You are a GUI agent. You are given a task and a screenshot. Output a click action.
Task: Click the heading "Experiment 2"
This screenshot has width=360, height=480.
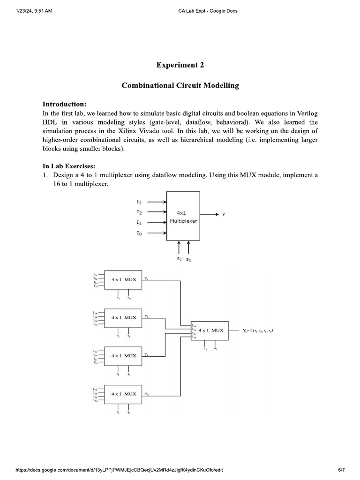click(x=180, y=65)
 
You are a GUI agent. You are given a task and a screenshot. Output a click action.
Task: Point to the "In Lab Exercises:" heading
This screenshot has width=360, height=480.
click(x=69, y=166)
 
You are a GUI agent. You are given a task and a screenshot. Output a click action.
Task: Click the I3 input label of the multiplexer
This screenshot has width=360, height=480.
click(x=139, y=202)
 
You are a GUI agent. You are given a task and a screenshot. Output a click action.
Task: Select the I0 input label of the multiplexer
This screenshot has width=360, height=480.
click(x=139, y=233)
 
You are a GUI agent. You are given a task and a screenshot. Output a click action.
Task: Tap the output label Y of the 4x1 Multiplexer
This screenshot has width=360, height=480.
click(x=223, y=214)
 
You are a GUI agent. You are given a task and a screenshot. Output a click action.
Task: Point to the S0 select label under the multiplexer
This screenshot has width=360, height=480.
click(x=188, y=258)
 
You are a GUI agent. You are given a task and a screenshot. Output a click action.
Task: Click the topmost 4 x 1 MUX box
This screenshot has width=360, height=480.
click(x=124, y=280)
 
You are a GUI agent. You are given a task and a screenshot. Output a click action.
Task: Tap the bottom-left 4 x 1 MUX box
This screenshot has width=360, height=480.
click(x=124, y=394)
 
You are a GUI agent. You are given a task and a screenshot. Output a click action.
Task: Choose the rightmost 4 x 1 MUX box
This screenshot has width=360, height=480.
click(x=210, y=330)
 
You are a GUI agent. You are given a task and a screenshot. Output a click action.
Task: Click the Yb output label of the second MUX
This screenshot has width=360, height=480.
click(x=147, y=316)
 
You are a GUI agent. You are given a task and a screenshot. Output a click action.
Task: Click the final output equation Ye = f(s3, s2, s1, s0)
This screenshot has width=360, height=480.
click(x=258, y=330)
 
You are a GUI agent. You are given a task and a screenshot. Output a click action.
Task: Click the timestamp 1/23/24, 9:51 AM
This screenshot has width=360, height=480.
click(x=33, y=11)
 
